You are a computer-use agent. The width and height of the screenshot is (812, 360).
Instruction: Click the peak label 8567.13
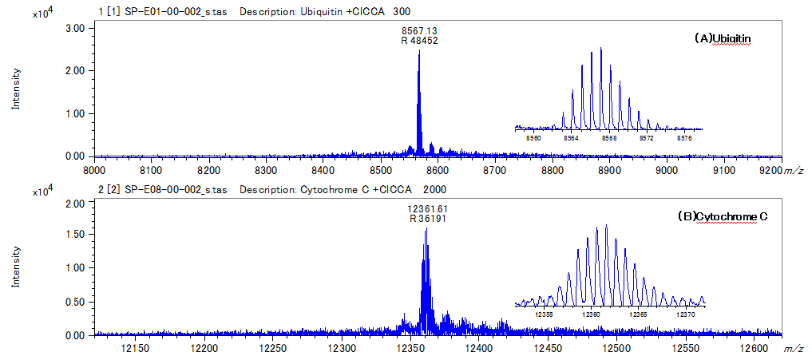click(x=419, y=30)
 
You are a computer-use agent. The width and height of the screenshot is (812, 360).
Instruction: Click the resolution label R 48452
click(x=419, y=41)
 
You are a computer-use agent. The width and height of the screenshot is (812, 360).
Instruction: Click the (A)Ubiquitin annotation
click(x=723, y=38)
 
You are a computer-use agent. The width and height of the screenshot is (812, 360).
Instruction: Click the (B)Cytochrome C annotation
click(x=722, y=216)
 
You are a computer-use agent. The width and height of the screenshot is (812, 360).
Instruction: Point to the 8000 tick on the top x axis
click(x=94, y=169)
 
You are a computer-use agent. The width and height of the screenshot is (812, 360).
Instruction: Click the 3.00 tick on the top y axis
click(x=73, y=28)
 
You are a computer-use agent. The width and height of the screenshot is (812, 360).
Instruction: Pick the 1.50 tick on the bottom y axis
click(x=73, y=237)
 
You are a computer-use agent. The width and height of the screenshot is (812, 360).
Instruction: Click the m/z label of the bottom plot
click(x=794, y=350)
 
